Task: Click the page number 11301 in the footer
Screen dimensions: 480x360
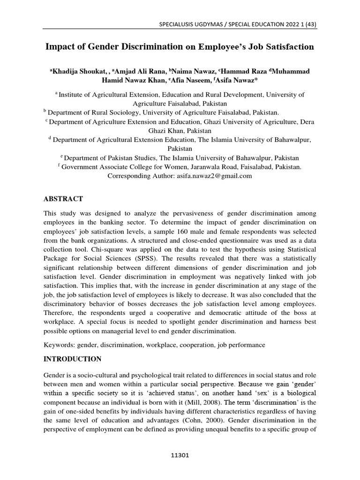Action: (180, 454)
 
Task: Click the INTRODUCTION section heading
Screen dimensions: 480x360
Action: (72, 359)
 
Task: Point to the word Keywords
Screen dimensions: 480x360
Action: (59, 345)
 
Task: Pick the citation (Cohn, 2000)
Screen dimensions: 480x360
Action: (187, 420)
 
